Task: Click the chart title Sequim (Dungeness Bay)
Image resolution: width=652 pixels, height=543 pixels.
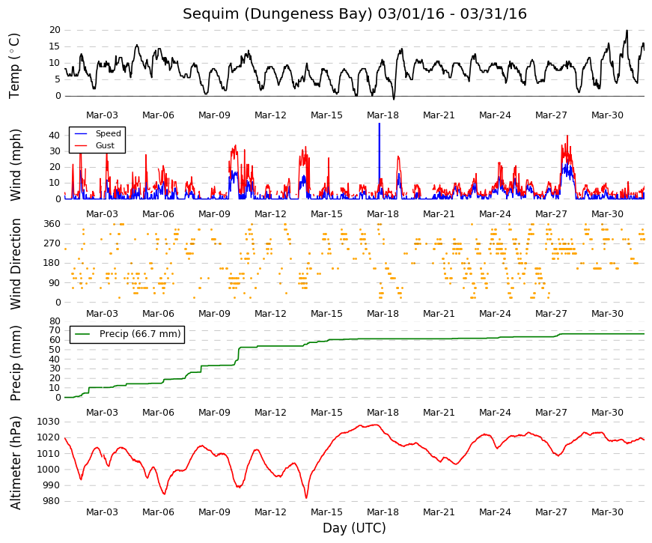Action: point(278,13)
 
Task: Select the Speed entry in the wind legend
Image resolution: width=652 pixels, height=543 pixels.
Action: point(108,133)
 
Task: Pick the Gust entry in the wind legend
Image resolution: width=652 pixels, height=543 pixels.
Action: point(105,145)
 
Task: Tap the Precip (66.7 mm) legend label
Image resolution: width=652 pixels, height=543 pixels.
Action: point(140,334)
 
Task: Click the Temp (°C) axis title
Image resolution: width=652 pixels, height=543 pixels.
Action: point(14,66)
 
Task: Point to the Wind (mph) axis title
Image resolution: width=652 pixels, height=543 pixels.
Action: point(16,166)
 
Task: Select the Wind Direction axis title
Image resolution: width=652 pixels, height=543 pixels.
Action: point(16,264)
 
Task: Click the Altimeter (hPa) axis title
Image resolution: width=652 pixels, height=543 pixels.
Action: point(16,463)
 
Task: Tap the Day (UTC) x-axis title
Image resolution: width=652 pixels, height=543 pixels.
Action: point(354,528)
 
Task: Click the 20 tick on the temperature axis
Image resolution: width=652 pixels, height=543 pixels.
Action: point(55,30)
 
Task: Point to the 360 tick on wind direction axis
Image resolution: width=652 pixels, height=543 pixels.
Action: point(52,224)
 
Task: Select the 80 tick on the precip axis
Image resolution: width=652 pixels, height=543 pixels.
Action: point(55,321)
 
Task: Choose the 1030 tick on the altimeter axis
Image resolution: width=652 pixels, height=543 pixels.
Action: point(48,422)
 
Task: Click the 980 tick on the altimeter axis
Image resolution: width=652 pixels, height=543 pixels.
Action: point(51,501)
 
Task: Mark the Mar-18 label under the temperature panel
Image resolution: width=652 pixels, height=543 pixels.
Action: point(383,115)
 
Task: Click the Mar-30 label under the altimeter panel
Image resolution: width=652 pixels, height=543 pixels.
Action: point(607,512)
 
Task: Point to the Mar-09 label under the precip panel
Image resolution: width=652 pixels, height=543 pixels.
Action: point(214,413)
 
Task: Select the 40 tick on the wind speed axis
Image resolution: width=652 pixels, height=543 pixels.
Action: point(55,136)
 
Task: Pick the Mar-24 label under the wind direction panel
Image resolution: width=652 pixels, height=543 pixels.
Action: point(495,314)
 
